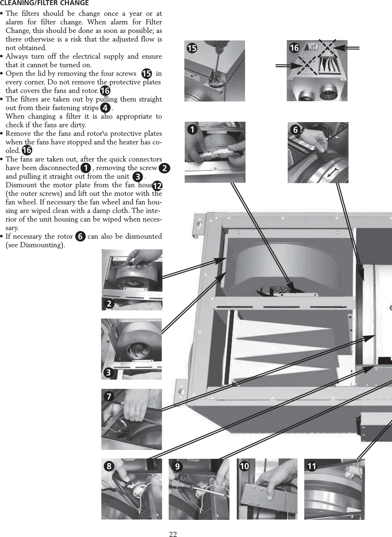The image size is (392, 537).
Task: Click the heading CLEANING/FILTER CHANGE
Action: point(44,3)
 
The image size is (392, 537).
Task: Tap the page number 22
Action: point(173,534)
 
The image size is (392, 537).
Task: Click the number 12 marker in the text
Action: point(157,186)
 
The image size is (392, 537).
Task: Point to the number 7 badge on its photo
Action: point(109,396)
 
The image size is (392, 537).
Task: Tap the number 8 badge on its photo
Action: point(109,466)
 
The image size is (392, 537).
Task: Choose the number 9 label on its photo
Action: point(177,466)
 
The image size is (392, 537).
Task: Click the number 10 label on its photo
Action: point(244,466)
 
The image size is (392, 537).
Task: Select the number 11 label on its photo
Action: point(311,466)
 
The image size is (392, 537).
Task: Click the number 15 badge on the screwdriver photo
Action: point(192,48)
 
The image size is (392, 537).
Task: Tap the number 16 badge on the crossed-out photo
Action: point(294,48)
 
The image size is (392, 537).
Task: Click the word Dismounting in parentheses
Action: point(47,246)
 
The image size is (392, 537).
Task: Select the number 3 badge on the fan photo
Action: point(109,372)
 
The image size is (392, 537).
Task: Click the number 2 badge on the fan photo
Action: point(109,303)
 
